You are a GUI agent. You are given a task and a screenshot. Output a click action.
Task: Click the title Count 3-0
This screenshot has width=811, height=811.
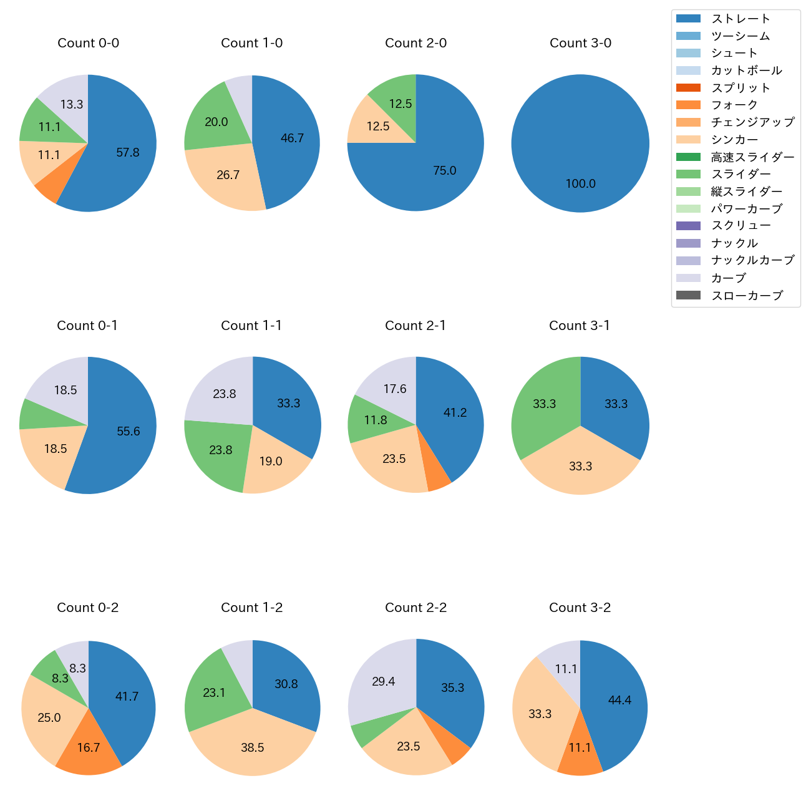point(580,43)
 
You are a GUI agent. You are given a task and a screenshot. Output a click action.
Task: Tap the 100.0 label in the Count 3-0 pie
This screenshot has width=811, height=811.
point(580,183)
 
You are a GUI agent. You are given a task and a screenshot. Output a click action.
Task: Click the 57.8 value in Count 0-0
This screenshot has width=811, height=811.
point(128,152)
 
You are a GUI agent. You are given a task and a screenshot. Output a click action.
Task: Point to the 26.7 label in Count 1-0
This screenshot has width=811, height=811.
point(228,175)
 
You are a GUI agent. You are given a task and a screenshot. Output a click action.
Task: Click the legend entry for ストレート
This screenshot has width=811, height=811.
point(741,19)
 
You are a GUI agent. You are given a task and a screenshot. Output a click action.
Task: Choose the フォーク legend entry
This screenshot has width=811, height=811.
point(734,105)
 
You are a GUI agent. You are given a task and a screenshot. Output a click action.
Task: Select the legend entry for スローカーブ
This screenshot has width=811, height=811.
point(747,296)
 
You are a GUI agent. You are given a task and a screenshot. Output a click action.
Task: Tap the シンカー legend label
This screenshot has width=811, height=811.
point(734,140)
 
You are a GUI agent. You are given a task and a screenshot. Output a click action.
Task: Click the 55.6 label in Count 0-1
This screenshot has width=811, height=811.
point(128,431)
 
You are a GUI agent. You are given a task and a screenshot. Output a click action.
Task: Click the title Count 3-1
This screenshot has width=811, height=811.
point(580,326)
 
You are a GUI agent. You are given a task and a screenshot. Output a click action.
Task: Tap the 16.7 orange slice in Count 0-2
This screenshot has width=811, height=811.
point(89,747)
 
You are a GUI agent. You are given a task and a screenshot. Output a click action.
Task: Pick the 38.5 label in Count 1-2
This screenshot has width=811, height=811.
point(253,747)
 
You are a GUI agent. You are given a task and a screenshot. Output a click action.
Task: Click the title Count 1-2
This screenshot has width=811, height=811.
point(252,608)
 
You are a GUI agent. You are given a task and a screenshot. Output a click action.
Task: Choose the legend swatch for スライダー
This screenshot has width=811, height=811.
point(688,174)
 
